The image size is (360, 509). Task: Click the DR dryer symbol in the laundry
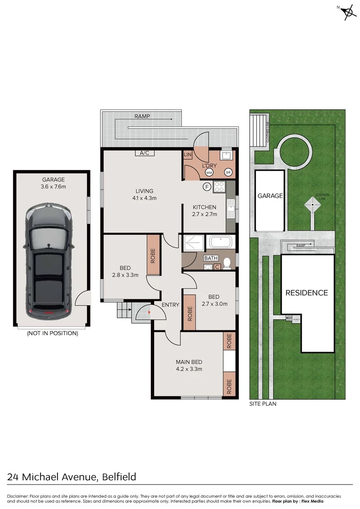click(229, 172)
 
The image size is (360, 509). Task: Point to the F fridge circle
click(206, 187)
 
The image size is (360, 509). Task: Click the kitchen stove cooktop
click(220, 187)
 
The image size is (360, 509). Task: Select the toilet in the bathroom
click(227, 263)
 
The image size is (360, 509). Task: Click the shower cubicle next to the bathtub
click(194, 243)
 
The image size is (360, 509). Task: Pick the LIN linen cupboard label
click(187, 155)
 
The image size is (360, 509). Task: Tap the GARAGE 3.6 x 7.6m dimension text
click(53, 183)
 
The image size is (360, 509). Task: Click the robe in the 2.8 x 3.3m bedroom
click(153, 255)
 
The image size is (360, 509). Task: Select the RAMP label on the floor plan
click(142, 116)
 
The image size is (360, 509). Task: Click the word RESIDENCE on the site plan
click(306, 293)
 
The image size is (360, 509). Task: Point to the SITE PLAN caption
click(263, 404)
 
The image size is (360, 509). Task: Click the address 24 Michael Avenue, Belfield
click(72, 477)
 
